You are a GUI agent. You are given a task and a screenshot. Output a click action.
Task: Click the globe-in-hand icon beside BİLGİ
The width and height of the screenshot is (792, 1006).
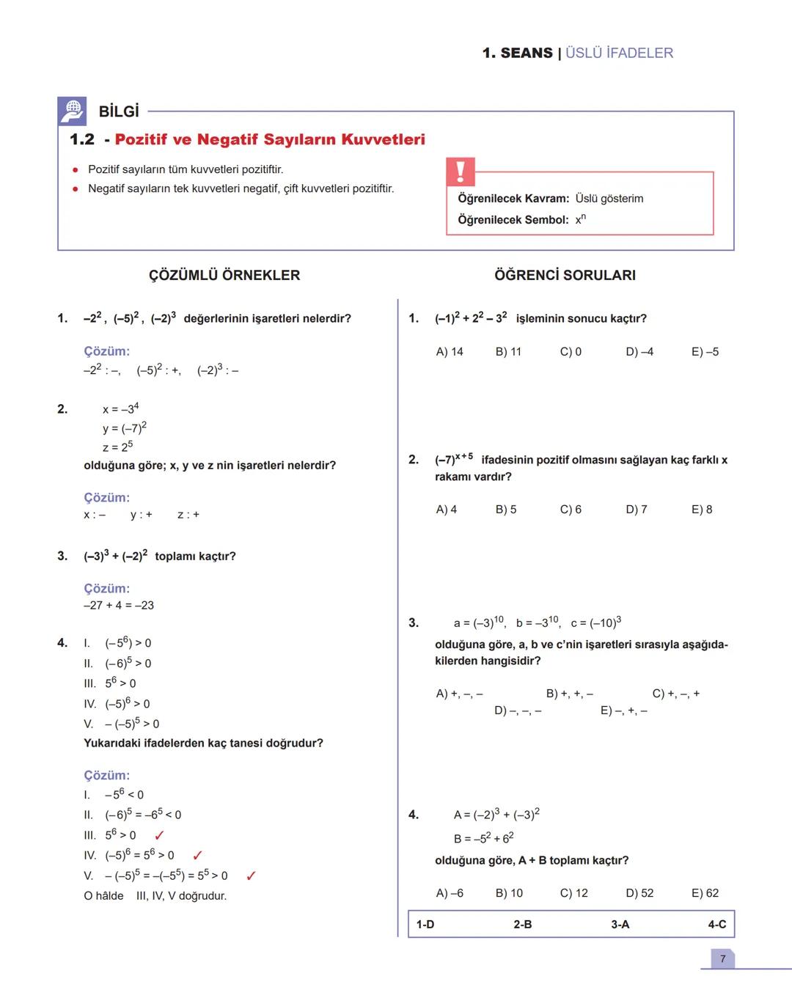point(72,111)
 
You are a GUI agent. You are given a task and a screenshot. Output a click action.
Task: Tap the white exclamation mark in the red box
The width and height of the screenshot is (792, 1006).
point(460,172)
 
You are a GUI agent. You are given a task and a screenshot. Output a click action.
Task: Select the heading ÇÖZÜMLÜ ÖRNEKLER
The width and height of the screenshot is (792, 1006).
point(224,275)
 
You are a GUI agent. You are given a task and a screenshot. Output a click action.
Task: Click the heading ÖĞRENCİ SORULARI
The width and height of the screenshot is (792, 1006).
point(565,275)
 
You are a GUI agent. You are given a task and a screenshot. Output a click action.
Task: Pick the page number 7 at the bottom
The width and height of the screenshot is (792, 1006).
point(722,959)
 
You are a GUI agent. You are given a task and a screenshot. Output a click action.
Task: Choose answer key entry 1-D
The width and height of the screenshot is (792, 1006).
point(425,924)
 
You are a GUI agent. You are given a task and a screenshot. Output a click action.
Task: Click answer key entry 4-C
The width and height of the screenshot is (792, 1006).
point(716,924)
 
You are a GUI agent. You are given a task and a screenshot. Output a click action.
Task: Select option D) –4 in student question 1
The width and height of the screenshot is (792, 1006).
point(639,352)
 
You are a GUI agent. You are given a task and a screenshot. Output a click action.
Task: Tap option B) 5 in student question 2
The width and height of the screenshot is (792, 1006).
point(506,510)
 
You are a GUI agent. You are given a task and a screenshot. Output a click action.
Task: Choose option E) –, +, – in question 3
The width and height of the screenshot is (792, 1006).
point(623,711)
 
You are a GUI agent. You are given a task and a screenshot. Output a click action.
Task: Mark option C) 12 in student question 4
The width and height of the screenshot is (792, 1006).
point(573,893)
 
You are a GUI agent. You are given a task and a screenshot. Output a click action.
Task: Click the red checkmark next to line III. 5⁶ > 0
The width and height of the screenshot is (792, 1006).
point(159,835)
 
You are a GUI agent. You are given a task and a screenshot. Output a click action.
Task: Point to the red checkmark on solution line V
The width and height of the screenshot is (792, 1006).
point(251,875)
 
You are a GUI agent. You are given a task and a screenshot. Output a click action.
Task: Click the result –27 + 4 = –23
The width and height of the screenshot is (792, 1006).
point(119,606)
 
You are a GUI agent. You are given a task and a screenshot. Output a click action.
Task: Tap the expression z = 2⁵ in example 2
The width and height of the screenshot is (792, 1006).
point(117,447)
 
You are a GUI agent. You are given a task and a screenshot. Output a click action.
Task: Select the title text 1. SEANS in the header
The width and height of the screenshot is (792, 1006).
point(518,53)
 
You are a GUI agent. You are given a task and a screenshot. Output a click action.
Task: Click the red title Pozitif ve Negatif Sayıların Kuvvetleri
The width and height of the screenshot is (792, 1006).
point(270,139)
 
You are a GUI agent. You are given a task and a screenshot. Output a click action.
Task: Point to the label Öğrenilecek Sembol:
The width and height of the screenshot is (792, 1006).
point(513,220)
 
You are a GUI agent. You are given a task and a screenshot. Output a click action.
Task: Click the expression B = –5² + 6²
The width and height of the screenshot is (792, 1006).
point(484,838)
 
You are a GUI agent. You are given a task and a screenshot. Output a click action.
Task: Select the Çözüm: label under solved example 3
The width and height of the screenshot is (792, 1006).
point(106,588)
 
